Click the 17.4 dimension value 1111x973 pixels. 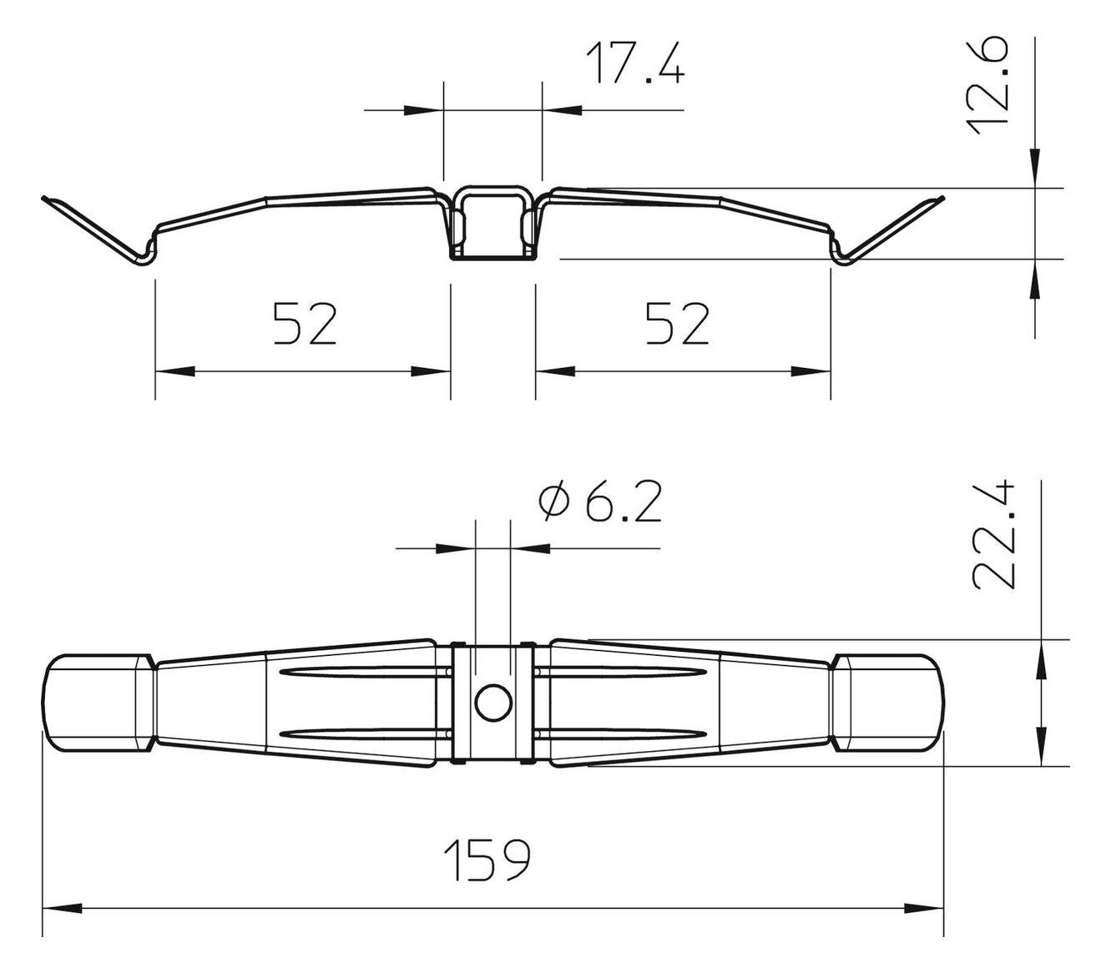coord(635,63)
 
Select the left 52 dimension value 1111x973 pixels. coord(305,324)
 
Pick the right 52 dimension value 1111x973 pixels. coord(677,324)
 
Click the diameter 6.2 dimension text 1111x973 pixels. coord(600,502)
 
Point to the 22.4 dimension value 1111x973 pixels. coord(992,536)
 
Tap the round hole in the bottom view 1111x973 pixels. coord(493,703)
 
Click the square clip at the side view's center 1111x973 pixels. coord(493,223)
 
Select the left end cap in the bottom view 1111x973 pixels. coord(98,703)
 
